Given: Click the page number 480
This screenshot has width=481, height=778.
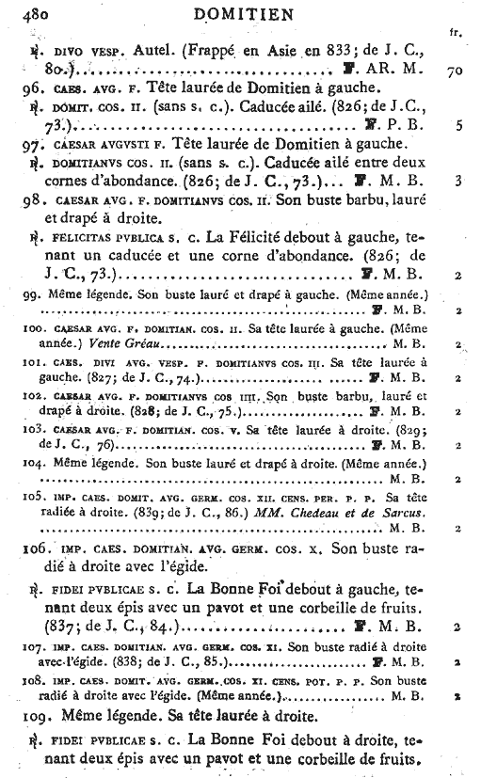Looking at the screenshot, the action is point(23,12).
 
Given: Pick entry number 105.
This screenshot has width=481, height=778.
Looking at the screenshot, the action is point(30,497).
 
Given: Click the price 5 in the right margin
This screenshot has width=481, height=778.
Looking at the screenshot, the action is point(456,124).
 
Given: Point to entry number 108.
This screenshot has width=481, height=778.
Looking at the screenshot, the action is point(30,679).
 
